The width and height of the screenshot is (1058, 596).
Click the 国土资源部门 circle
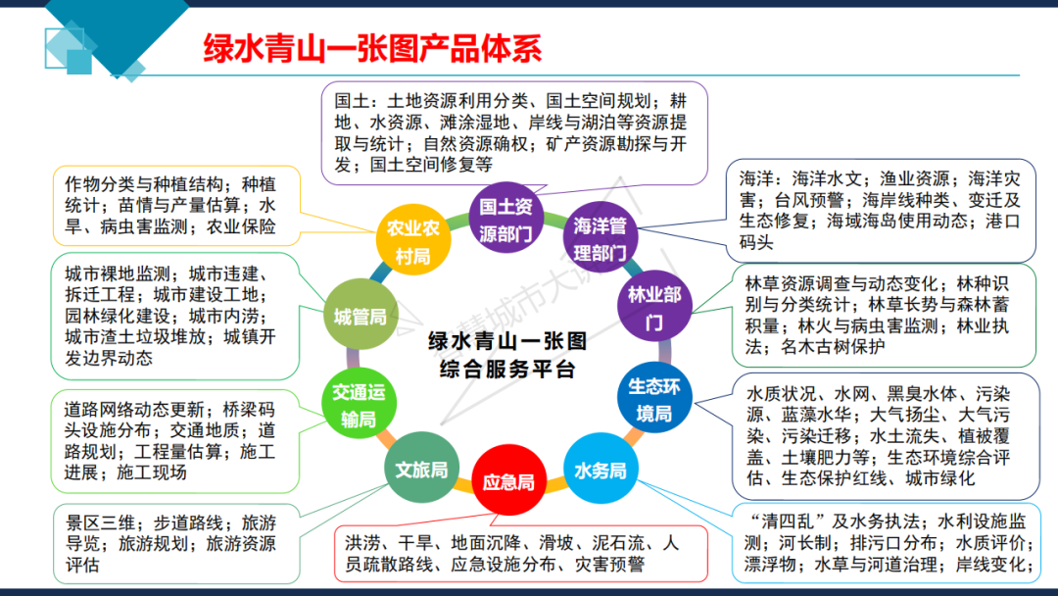[x=505, y=220]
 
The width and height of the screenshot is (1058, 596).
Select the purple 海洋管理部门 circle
[x=600, y=238]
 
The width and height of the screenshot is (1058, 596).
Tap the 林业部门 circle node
[x=653, y=307]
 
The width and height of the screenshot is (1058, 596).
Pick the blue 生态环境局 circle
[x=653, y=399]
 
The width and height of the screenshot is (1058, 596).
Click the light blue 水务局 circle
[x=600, y=471]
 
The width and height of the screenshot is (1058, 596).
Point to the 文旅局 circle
[x=421, y=469]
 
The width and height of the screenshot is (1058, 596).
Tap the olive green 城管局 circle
[x=360, y=317]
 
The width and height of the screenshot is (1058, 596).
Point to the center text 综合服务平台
[x=507, y=370]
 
